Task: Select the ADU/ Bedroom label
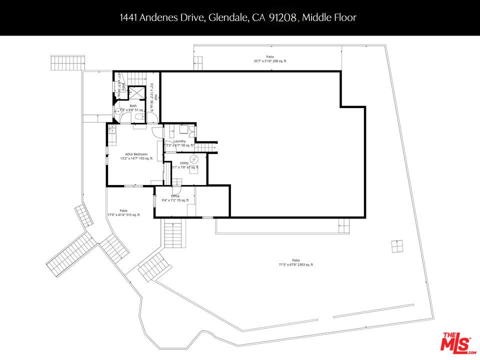(x=133, y=154)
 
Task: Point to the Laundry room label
(x=179, y=141)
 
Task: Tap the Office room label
(x=175, y=196)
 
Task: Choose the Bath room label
(x=133, y=106)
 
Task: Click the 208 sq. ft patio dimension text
(x=270, y=61)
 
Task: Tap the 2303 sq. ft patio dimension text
(x=296, y=264)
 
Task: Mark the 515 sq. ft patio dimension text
(x=123, y=215)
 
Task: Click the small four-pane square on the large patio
(x=397, y=246)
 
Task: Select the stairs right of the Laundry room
(x=204, y=146)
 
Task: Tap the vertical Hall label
(x=156, y=97)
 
